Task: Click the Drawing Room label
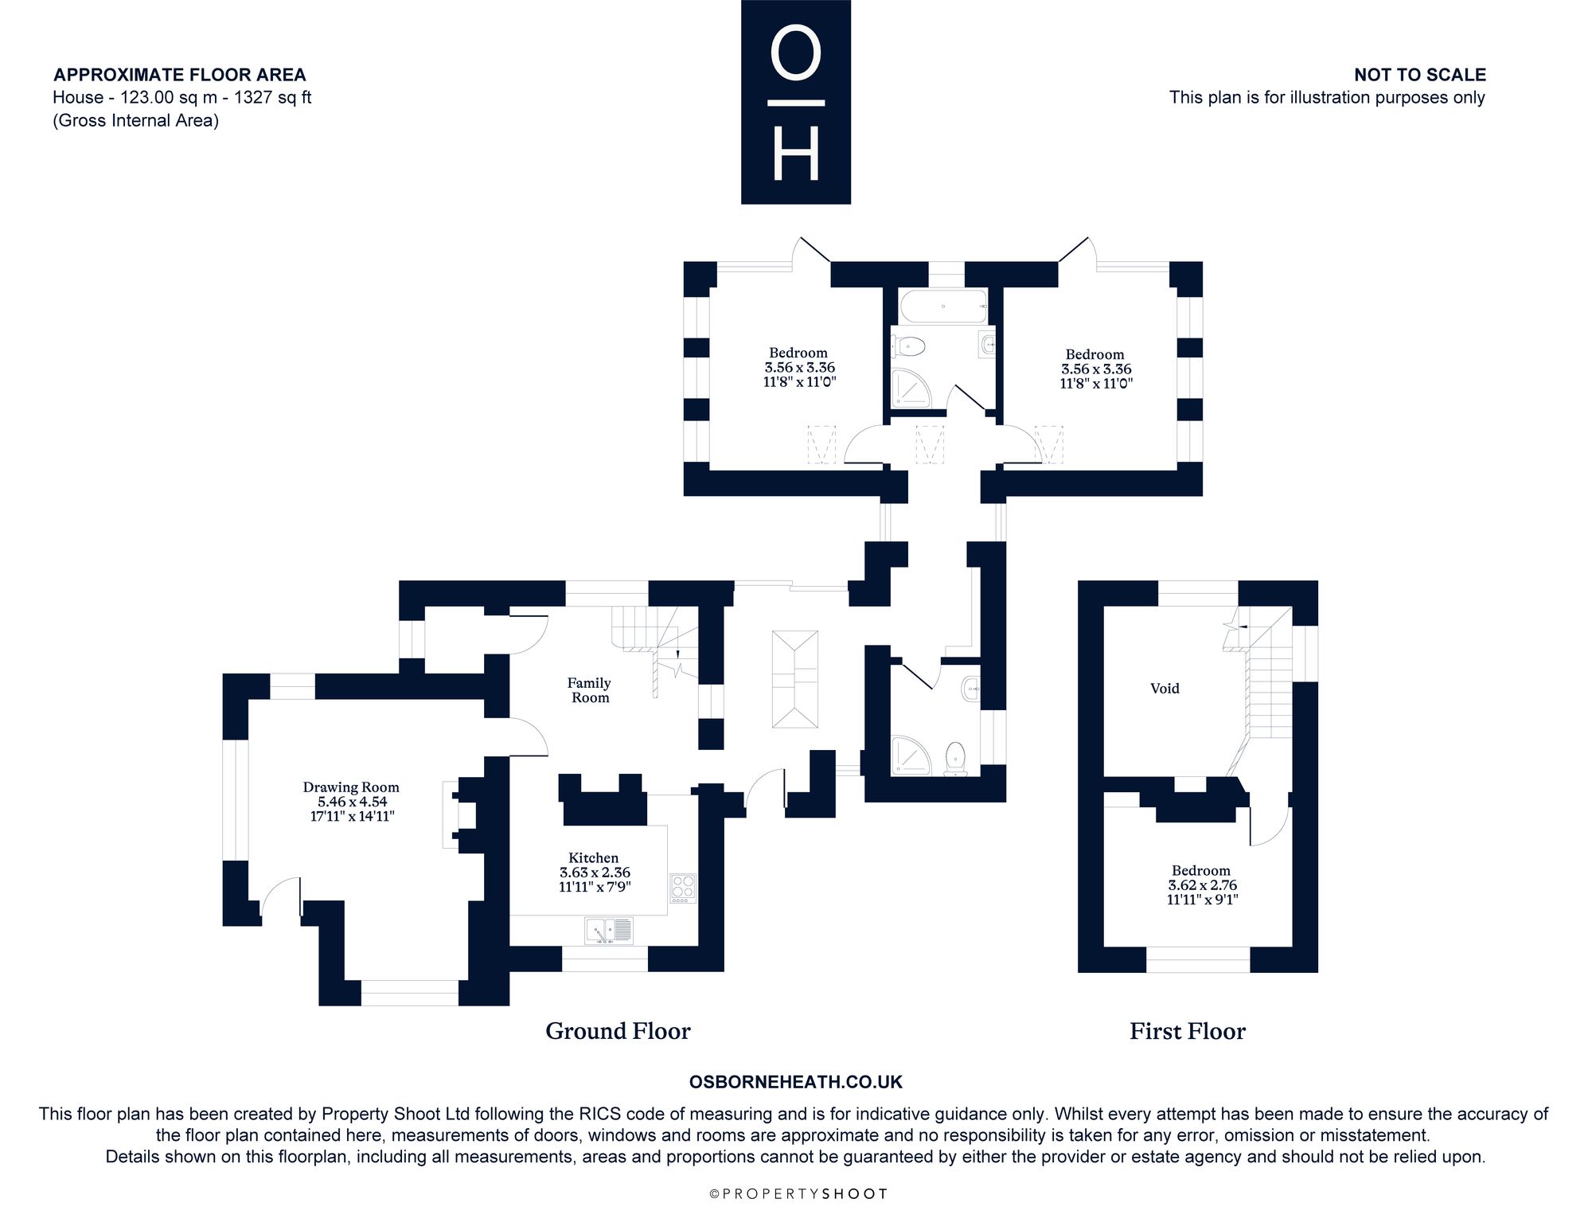click(x=351, y=787)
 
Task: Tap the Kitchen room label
click(x=594, y=857)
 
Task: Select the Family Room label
click(x=589, y=690)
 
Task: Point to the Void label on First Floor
click(x=1165, y=689)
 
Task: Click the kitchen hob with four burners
click(x=683, y=888)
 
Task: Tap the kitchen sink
click(x=609, y=930)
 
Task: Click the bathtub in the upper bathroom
click(x=943, y=306)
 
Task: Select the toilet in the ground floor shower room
click(x=954, y=758)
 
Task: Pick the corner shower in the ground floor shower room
click(x=911, y=756)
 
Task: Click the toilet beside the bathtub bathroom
click(x=909, y=346)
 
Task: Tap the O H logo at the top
click(x=796, y=102)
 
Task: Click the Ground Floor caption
click(x=618, y=1031)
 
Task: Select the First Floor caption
click(x=1188, y=1031)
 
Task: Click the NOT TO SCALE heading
click(x=1420, y=75)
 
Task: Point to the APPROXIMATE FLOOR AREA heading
click(x=179, y=75)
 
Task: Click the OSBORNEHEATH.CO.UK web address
click(x=796, y=1082)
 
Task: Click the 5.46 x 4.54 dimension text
click(x=352, y=802)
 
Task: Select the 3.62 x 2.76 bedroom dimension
click(x=1202, y=885)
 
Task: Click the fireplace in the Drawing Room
click(x=460, y=814)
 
